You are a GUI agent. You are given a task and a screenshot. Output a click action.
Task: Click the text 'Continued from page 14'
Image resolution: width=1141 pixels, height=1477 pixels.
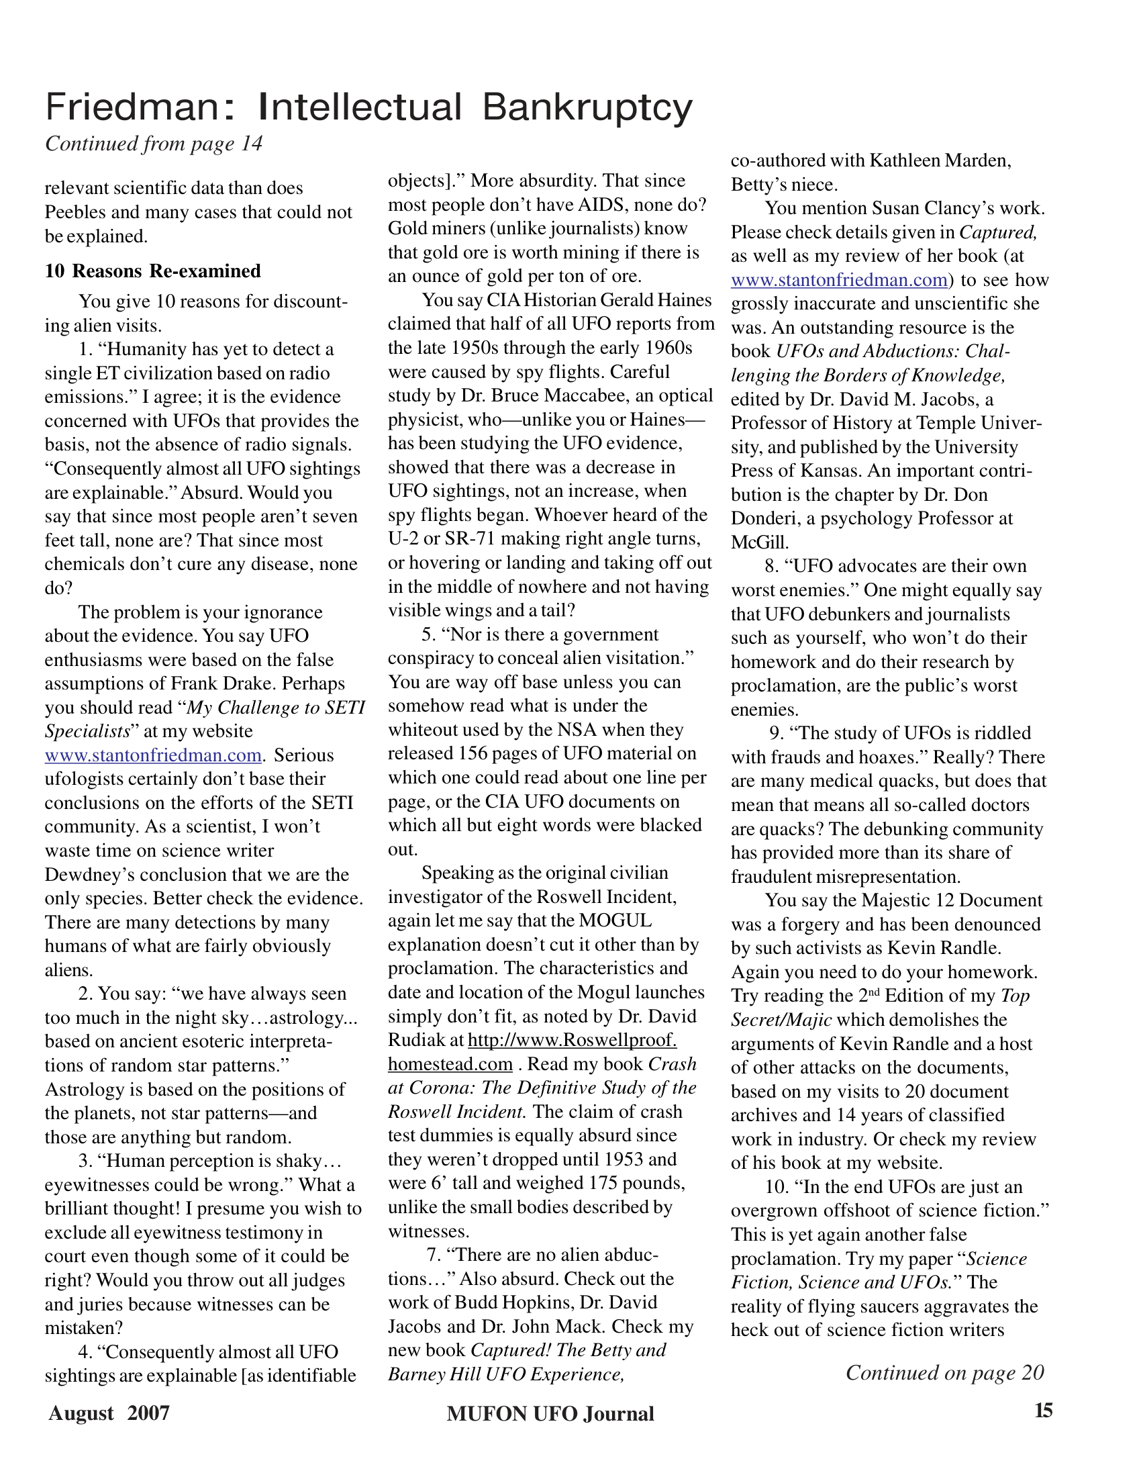click(x=154, y=144)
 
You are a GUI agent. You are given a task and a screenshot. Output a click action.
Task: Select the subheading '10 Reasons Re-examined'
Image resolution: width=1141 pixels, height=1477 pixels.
click(x=153, y=271)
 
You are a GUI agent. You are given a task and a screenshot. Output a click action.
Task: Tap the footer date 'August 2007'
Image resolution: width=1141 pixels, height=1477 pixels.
click(x=109, y=1413)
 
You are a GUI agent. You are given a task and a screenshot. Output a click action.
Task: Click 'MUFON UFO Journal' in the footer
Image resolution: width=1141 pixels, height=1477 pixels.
click(x=550, y=1413)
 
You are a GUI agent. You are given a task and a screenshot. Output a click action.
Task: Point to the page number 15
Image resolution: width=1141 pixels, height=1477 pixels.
click(x=1043, y=1410)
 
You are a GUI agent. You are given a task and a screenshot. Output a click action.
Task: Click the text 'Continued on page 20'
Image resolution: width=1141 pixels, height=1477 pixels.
click(x=944, y=1372)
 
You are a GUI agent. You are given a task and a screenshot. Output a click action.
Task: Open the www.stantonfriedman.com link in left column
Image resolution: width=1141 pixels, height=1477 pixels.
click(x=153, y=755)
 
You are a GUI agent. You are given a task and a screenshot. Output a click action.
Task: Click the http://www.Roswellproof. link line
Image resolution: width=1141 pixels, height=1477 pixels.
click(x=572, y=1040)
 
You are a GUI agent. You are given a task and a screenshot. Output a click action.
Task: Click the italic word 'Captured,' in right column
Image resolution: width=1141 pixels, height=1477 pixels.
click(x=997, y=233)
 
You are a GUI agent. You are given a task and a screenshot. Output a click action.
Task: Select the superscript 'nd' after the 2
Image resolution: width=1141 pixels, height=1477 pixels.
click(x=873, y=992)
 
